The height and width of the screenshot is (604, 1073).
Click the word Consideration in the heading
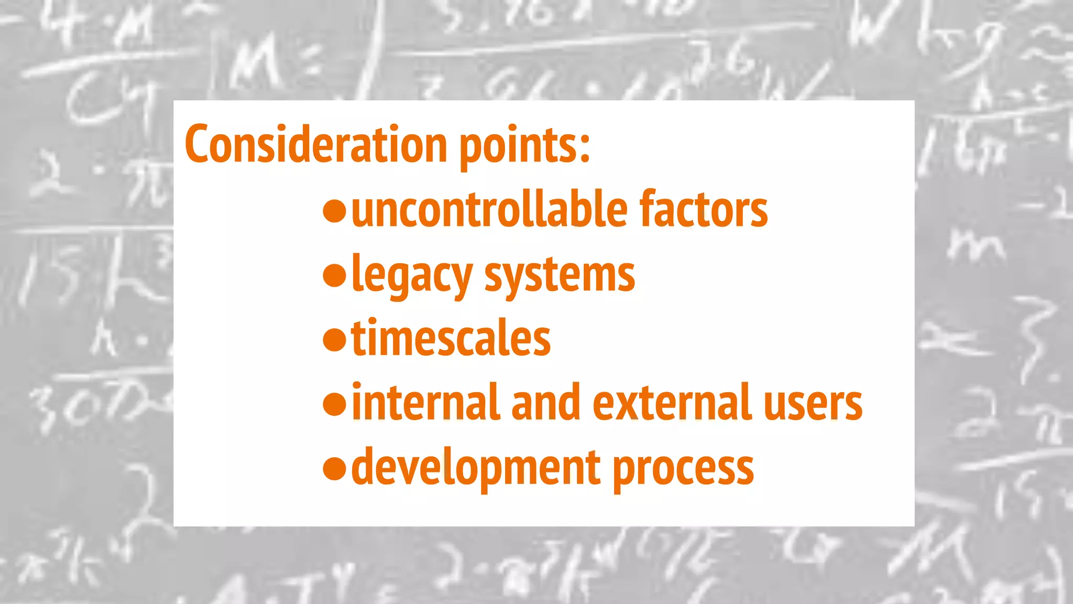pyautogui.click(x=316, y=144)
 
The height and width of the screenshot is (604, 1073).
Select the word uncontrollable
pyautogui.click(x=489, y=209)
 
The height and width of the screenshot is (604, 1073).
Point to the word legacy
pyautogui.click(x=412, y=276)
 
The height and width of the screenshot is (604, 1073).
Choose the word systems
pyautogui.click(x=559, y=276)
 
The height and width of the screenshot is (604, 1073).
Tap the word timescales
pyautogui.click(x=451, y=339)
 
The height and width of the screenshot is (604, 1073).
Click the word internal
pyautogui.click(x=426, y=403)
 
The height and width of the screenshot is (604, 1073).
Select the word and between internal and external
pyautogui.click(x=545, y=403)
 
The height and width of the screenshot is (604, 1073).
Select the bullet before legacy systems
pyautogui.click(x=335, y=276)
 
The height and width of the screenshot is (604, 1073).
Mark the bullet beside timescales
pyautogui.click(x=335, y=340)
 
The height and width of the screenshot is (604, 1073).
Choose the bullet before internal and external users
pyautogui.click(x=335, y=404)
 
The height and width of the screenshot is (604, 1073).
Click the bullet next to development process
pyautogui.click(x=335, y=468)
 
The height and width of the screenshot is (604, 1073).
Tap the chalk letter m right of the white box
pyautogui.click(x=976, y=246)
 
